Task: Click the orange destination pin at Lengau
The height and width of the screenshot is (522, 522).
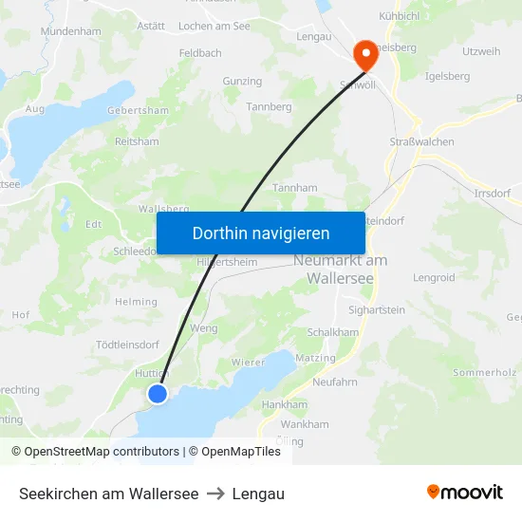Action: coord(364,54)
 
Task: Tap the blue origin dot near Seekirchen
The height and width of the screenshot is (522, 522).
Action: coord(158,393)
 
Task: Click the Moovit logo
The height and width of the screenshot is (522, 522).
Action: coord(464,493)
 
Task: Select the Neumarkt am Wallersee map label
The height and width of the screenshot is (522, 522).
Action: coord(341,270)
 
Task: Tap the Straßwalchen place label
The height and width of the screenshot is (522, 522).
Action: coord(421,141)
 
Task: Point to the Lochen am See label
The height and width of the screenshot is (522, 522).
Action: coord(214,26)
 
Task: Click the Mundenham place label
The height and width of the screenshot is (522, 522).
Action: coord(71,31)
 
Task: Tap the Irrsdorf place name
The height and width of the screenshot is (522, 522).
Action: coord(492,193)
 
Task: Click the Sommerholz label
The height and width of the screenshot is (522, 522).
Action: coord(484,373)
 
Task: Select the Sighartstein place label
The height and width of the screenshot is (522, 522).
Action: coord(377,310)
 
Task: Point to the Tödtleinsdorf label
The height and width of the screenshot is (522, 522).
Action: coord(127,345)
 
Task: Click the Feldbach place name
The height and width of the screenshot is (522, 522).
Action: coord(200,54)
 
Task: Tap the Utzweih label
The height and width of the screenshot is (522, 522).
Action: coord(480,51)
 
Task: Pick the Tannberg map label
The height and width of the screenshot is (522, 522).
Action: coord(269,106)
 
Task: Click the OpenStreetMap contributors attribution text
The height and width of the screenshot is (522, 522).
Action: coord(95,452)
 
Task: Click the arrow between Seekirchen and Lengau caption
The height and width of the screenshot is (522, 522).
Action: coord(215,494)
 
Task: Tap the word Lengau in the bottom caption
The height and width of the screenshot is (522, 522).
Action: coord(258,494)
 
